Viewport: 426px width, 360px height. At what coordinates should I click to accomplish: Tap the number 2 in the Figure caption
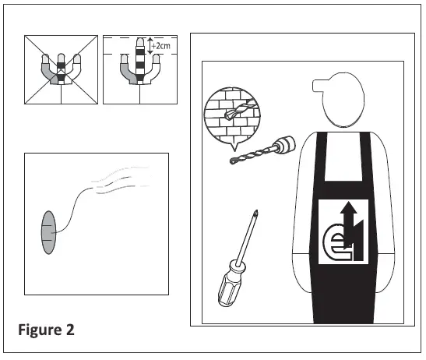pos(69,329)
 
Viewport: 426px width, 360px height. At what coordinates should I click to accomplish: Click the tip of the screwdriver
pos(255,214)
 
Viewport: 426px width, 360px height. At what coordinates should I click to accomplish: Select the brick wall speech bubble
pos(231,115)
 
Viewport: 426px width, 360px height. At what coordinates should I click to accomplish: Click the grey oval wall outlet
pos(48,231)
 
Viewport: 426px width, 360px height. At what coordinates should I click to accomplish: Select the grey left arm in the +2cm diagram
pos(124,72)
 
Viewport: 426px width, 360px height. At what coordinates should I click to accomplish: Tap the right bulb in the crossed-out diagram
pos(79,58)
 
